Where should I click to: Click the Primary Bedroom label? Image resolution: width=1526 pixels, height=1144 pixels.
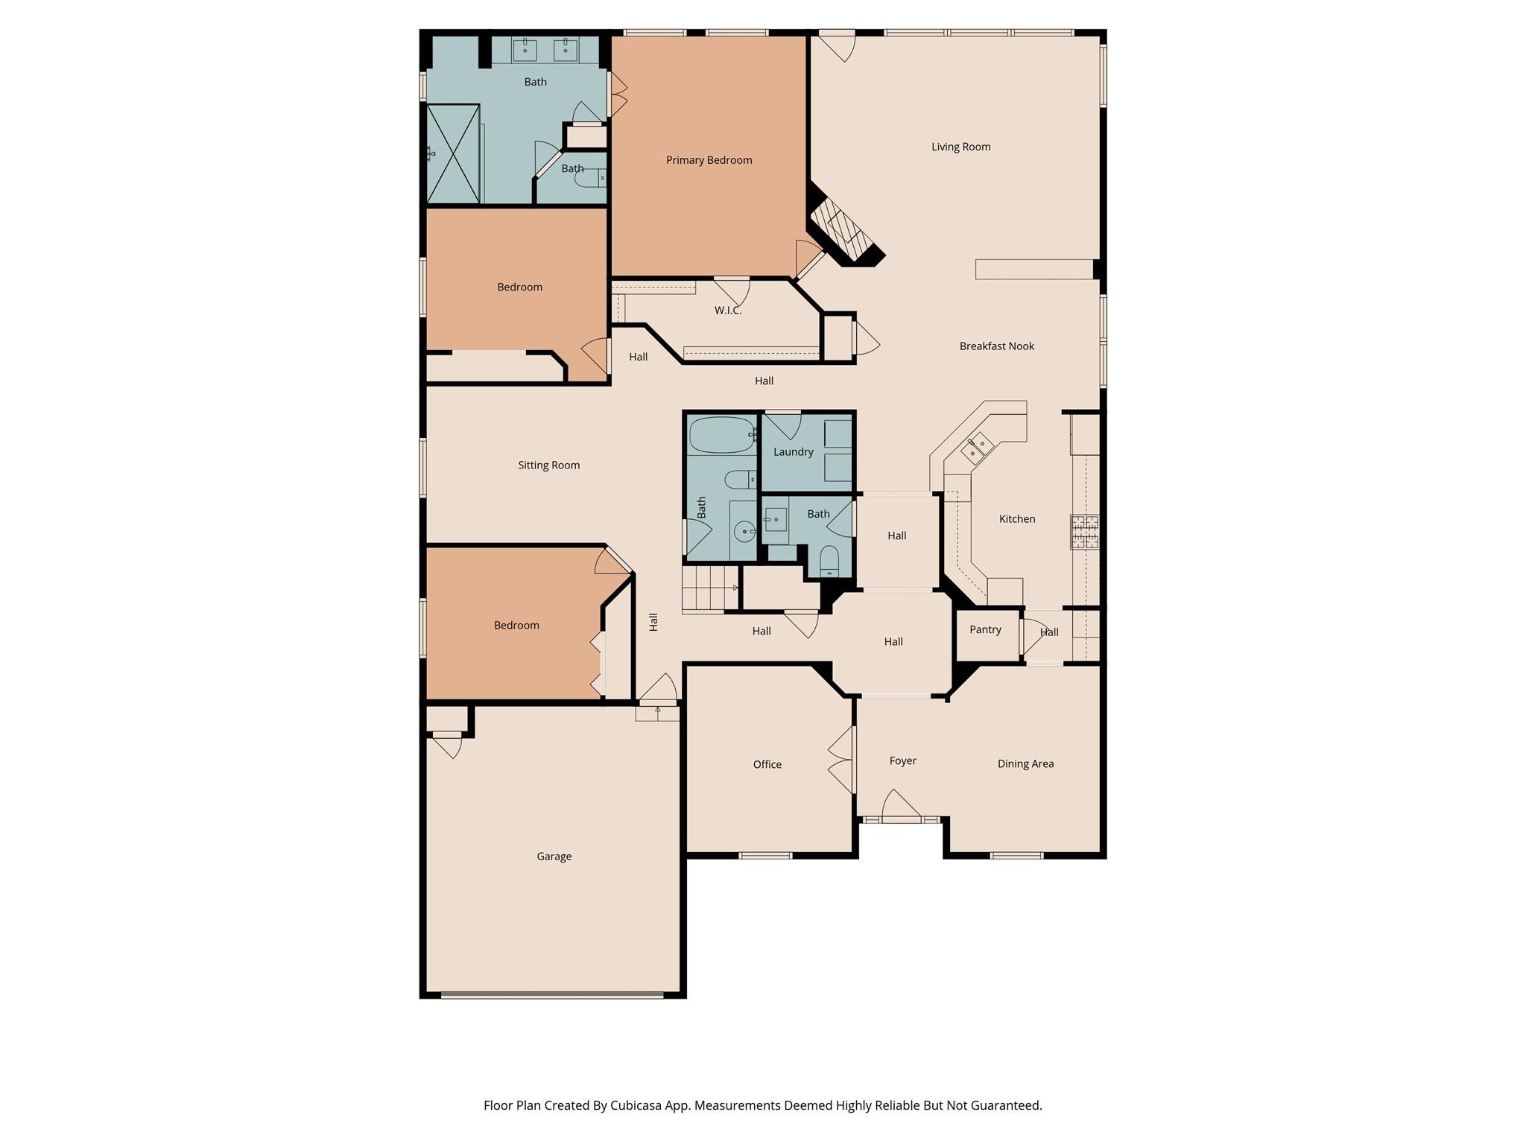click(x=709, y=160)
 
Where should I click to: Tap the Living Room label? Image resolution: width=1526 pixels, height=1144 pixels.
click(x=960, y=147)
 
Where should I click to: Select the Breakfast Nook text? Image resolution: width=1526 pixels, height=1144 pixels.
click(x=996, y=346)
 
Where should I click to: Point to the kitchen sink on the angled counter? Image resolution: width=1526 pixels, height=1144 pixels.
click(x=976, y=448)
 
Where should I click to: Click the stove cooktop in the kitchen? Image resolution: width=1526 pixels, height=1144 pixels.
click(x=1084, y=532)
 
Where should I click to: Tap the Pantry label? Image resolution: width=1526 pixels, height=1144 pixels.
click(x=985, y=630)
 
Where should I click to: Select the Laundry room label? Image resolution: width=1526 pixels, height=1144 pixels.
click(x=793, y=452)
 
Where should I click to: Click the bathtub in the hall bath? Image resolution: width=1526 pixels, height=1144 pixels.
click(x=721, y=435)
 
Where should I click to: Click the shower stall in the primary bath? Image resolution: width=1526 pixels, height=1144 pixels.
click(x=452, y=153)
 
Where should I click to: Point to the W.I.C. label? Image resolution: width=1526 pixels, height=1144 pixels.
click(x=727, y=311)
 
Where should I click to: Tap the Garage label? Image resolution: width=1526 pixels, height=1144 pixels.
click(x=554, y=857)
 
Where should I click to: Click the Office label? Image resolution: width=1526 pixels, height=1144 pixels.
click(x=767, y=765)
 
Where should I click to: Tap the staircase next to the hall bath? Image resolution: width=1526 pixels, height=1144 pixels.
click(x=709, y=588)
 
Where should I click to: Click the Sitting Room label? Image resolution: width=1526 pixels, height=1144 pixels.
click(x=548, y=465)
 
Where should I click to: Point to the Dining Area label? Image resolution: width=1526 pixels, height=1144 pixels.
click(x=1025, y=764)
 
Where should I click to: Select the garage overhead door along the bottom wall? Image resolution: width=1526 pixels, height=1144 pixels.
click(x=551, y=994)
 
